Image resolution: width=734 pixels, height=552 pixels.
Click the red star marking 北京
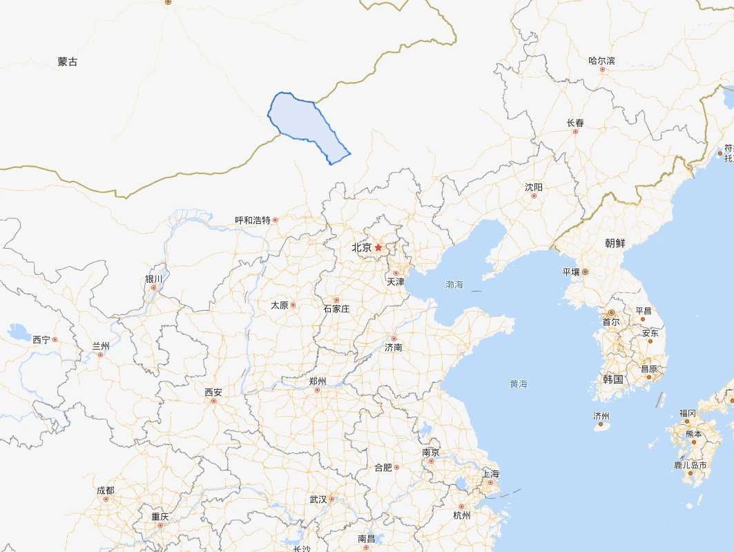pos(378,247)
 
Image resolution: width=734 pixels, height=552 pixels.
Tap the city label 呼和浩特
pos(253,220)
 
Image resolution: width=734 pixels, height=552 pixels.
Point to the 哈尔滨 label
pos(601,61)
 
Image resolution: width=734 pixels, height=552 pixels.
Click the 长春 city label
pos(575,123)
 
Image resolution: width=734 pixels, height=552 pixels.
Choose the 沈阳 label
pos(534,187)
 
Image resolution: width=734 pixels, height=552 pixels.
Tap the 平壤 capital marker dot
pos(586,272)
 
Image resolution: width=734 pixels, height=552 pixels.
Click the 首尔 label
pos(611,322)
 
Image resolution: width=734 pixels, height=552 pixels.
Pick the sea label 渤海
pos(454,284)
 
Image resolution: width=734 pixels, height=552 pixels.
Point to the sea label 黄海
pos(519,383)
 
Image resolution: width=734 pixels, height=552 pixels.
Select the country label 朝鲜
pos(615,243)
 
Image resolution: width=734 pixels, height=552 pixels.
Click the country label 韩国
pos(613,379)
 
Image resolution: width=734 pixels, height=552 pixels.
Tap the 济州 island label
pos(601,416)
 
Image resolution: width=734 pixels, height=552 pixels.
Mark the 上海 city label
pos(491,474)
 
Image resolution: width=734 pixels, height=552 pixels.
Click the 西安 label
pos(213,392)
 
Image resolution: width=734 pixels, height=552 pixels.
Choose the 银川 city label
pos(153,279)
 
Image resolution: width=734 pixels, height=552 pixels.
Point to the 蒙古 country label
pos(68,62)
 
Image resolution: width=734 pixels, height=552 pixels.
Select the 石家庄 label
pos(336,309)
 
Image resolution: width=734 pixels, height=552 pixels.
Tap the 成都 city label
pos(106,491)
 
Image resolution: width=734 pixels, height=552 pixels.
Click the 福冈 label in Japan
pos(688,412)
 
